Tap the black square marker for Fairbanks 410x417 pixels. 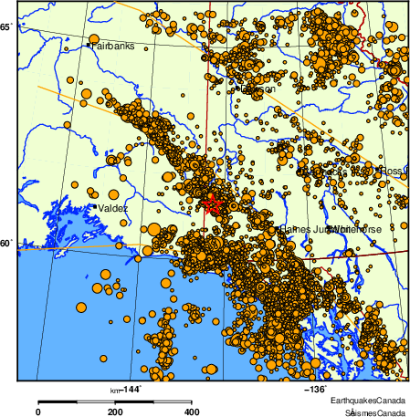89,44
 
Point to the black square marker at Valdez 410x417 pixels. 94,206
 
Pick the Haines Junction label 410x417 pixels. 306,229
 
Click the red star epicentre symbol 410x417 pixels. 212,204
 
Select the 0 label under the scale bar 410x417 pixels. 37,412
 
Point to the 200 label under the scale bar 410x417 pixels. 114,412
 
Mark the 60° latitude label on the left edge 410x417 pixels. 5,243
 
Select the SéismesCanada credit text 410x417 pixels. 369,412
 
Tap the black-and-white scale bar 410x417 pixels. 114,401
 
